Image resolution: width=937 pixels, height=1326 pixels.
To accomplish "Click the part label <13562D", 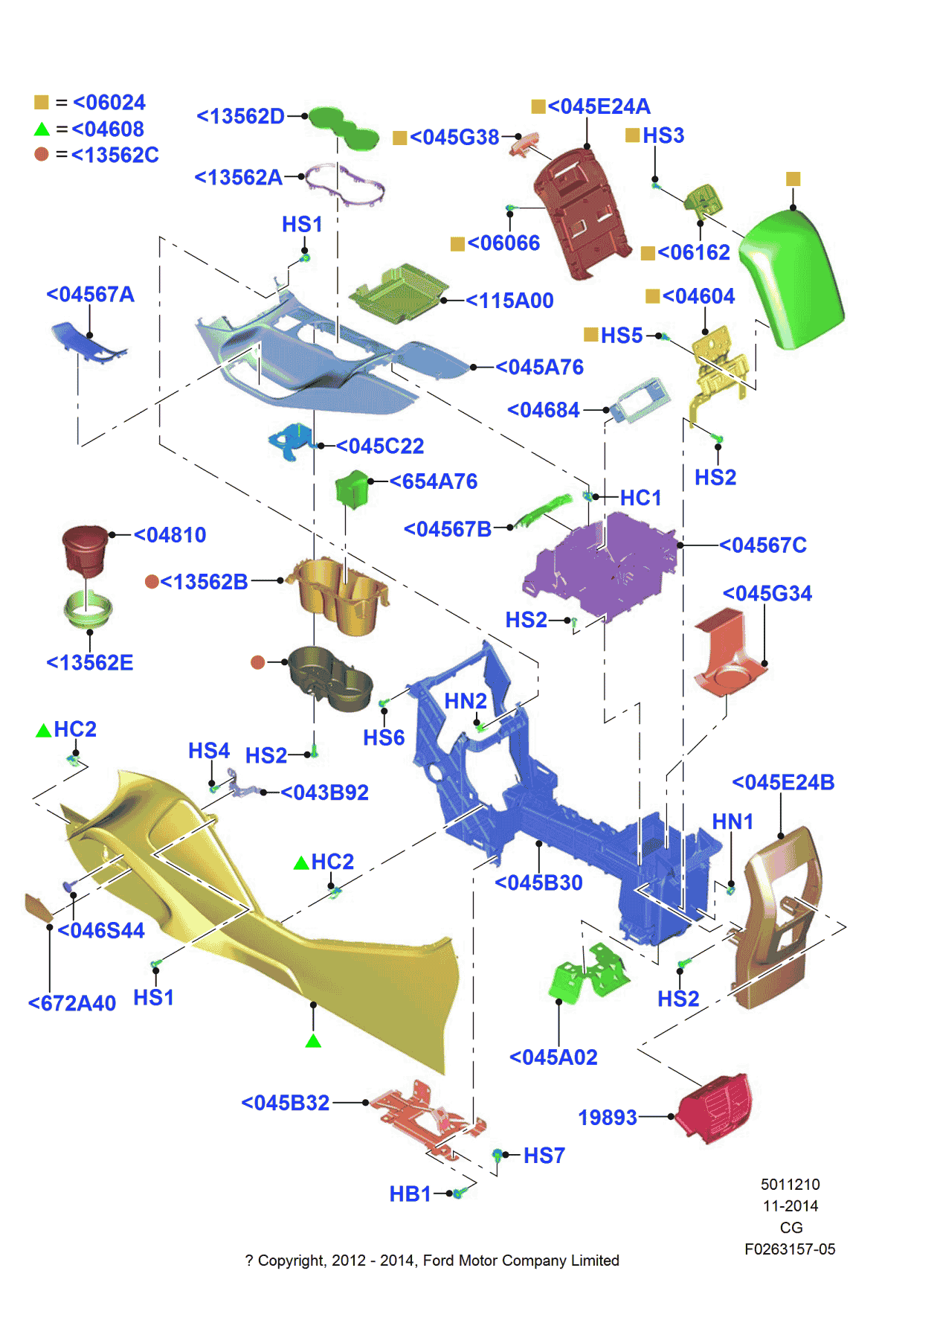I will [240, 117].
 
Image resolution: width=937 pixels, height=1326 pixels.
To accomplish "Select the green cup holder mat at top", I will [343, 128].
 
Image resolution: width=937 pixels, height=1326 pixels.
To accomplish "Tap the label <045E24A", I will [599, 106].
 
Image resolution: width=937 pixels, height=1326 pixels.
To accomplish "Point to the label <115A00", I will [509, 301].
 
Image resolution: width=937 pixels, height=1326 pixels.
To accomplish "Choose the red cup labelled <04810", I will [86, 549].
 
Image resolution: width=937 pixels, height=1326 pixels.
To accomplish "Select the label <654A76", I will [433, 481].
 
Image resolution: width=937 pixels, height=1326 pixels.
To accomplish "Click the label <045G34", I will [767, 594].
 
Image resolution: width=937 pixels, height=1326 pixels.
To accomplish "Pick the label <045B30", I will [538, 883].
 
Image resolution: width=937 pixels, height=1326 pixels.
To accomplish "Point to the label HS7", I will [544, 1156].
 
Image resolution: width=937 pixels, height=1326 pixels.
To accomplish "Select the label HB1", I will [410, 1194].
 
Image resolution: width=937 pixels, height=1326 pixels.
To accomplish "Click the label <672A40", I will [72, 1004].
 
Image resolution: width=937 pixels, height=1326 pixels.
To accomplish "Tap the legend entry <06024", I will [109, 103].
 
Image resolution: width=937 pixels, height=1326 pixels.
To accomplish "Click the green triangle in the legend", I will [42, 129].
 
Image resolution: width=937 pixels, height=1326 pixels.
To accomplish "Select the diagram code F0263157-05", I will [790, 1249].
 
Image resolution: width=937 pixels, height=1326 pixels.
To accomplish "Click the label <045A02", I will [553, 1057].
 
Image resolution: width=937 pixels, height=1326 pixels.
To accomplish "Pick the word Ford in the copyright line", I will [438, 1261].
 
